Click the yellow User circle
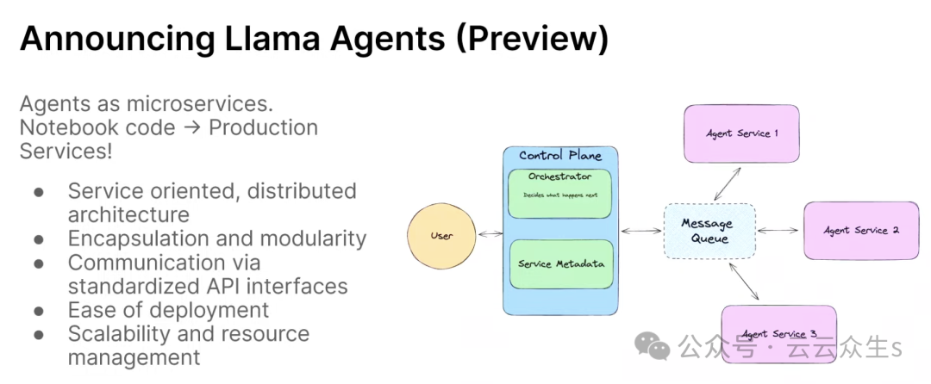pos(441,235)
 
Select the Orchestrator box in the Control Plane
pos(560,193)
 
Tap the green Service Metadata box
pos(560,263)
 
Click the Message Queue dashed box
pos(708,230)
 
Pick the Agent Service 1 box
pos(741,133)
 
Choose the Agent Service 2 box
pos(860,230)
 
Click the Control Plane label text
pos(560,156)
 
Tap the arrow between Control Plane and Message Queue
pos(640,231)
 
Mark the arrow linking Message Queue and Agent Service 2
pos(778,230)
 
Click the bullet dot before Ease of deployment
pos(39,310)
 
